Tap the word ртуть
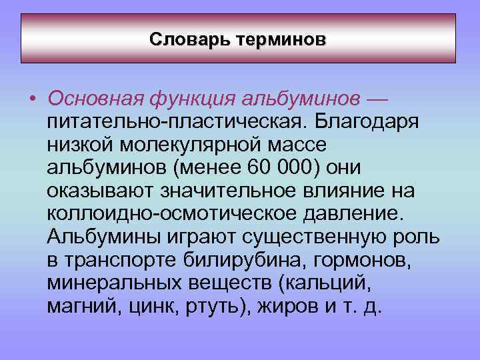pyautogui.click(x=204, y=306)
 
